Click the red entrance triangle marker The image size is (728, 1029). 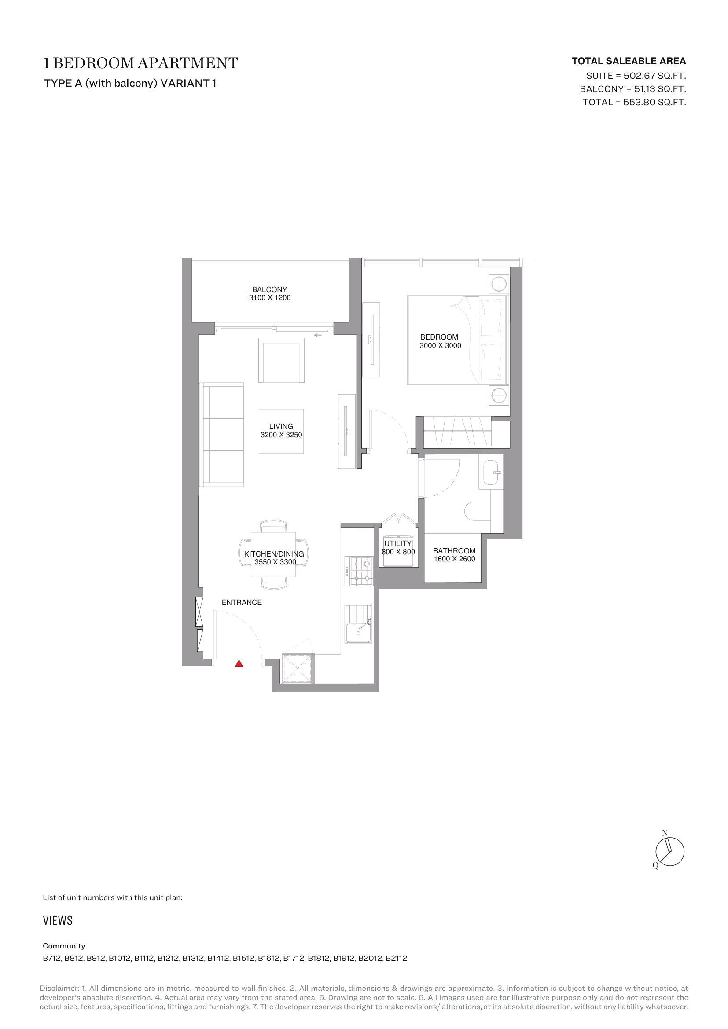click(x=239, y=664)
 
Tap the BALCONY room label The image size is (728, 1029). click(x=269, y=289)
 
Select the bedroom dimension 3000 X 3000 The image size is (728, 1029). click(x=440, y=345)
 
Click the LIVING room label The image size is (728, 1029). click(x=281, y=426)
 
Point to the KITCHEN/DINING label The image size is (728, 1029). click(x=274, y=554)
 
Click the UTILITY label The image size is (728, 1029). click(x=397, y=543)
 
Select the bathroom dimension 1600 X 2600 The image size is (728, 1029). click(x=454, y=559)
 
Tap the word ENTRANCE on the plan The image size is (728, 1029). click(x=242, y=602)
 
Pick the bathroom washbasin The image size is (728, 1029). click(x=491, y=472)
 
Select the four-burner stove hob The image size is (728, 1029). click(x=359, y=571)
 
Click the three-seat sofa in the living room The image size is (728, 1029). click(x=224, y=434)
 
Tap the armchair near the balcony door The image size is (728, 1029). click(x=281, y=360)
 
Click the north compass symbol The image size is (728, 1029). click(x=669, y=852)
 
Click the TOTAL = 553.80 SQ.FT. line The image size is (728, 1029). click(x=634, y=102)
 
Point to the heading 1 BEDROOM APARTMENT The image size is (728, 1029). click(x=141, y=63)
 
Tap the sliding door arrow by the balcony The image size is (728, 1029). click(x=318, y=335)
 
